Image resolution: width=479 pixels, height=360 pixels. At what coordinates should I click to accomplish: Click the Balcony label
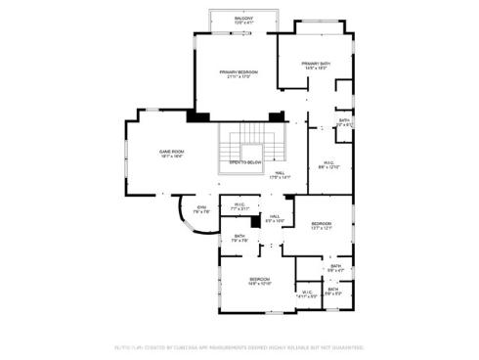pos(244,20)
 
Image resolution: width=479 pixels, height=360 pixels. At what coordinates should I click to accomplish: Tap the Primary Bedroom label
pos(239,74)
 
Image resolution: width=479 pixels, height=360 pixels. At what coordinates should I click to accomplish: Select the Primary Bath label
pos(316,65)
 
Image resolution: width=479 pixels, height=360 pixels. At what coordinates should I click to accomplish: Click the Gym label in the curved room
pos(202,209)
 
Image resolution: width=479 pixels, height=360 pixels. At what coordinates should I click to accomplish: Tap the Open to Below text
pos(245,162)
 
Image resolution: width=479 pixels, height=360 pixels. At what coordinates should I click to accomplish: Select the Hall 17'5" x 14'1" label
pos(282,175)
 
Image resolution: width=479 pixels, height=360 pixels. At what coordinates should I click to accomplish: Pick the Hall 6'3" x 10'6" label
pos(275,218)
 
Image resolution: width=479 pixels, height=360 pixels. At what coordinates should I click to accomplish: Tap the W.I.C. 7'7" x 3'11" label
pos(239,206)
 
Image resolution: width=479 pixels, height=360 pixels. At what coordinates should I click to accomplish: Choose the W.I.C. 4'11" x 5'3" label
pos(307,293)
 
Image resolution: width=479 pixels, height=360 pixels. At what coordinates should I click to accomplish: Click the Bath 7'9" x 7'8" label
pos(239,239)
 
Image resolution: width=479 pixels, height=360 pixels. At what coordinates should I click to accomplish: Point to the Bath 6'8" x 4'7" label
pos(335,268)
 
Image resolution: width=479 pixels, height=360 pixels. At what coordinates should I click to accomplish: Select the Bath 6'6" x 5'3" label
pos(333,291)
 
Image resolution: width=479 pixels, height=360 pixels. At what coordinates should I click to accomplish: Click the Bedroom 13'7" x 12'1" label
pos(322,226)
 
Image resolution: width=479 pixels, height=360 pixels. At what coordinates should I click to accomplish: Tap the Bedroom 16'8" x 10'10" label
pos(259,283)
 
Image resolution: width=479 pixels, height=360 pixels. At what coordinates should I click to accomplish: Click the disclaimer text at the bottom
pos(239,346)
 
